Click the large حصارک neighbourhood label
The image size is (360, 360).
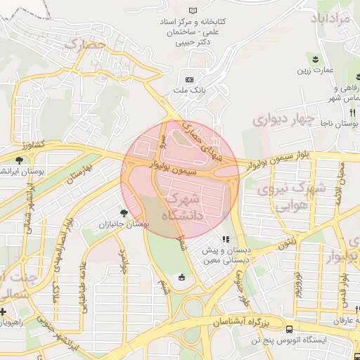85,46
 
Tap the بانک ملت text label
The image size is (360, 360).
189,91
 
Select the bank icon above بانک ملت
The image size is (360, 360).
189,79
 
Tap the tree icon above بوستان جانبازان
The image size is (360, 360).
124,212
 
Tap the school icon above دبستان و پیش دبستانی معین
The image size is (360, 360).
225,240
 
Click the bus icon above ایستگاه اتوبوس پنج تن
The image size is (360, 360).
289,330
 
